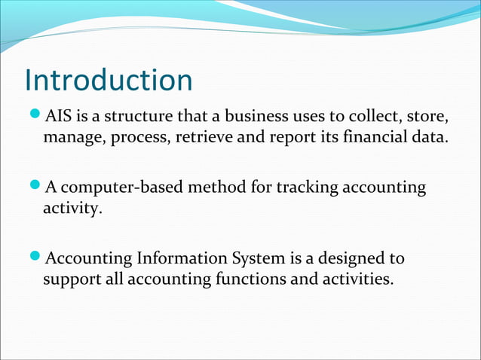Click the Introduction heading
coord(109,81)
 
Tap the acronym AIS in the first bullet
coord(58,117)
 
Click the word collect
coord(366,117)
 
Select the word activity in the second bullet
coord(72,209)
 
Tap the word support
coord(70,280)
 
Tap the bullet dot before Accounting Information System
coord(35,259)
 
